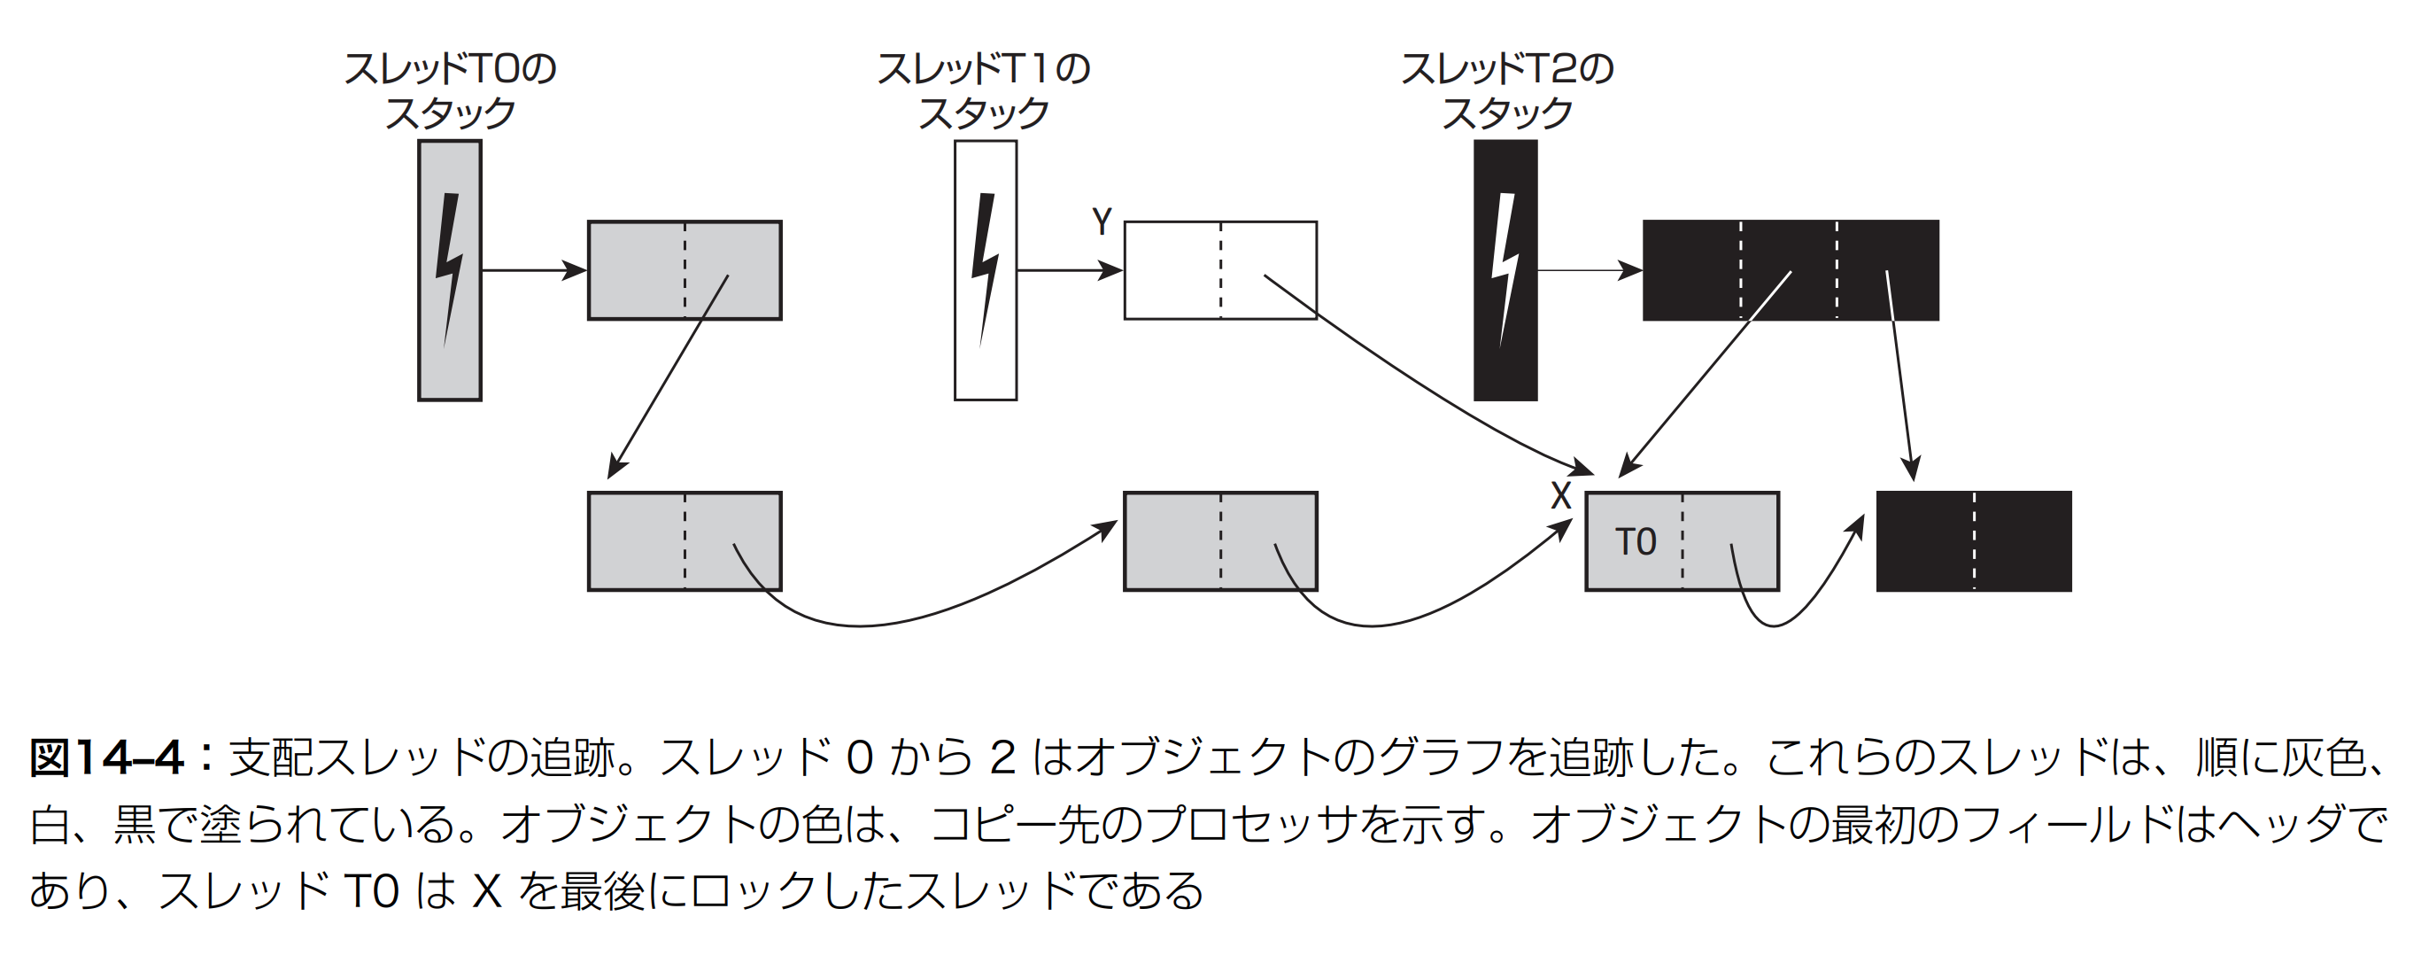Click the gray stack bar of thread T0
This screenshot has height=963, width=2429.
tap(450, 271)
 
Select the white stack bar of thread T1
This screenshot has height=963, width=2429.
tap(986, 271)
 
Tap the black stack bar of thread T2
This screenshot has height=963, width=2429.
tap(1506, 271)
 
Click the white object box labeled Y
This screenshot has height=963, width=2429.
tap(1220, 271)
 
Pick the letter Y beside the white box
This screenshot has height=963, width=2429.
tap(1102, 222)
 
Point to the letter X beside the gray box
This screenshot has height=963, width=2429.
tap(1561, 496)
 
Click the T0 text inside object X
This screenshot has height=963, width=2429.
tap(1635, 542)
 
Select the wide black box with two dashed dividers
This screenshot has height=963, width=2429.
tap(1791, 271)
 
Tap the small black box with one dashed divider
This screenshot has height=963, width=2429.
tap(1974, 541)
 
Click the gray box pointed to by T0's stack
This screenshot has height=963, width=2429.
tap(685, 271)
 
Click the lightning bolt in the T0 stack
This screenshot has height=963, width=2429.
tap(449, 269)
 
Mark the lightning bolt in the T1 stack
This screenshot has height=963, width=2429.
tap(985, 269)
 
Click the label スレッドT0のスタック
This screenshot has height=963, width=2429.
tap(450, 90)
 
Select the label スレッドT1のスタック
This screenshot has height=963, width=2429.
tap(984, 90)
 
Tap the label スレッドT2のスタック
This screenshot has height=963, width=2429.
tap(1507, 90)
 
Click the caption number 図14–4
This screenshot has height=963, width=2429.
tap(105, 757)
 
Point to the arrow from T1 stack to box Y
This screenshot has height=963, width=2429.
tap(1071, 271)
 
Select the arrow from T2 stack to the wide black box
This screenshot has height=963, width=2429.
tap(1590, 271)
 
